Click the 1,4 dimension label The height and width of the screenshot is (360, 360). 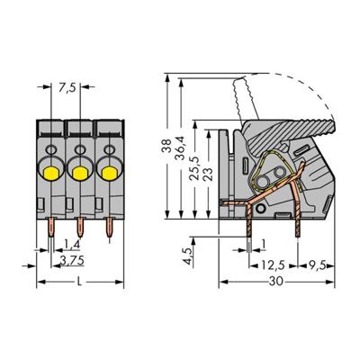click(x=69, y=244)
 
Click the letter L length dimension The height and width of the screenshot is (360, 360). click(x=82, y=282)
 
